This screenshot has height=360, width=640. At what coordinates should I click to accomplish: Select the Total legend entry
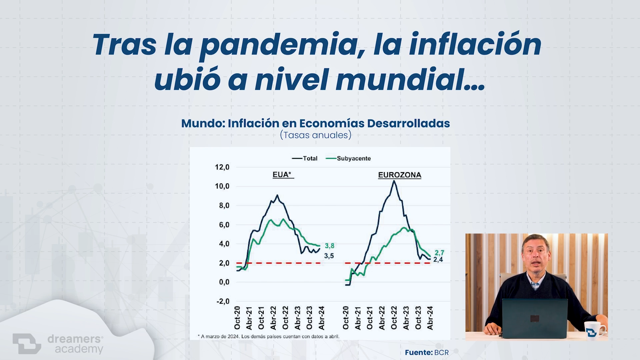pos(305,158)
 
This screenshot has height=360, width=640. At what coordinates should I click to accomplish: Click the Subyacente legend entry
pos(348,158)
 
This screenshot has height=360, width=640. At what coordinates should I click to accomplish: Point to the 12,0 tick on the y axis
pos(222,167)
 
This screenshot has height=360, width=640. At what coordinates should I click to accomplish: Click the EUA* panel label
pos(282,175)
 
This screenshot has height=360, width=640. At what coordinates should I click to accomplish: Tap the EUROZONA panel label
pos(400,175)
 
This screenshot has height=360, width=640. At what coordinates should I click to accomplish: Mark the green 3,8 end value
pos(329,246)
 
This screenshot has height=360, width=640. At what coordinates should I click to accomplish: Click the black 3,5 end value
pos(329,256)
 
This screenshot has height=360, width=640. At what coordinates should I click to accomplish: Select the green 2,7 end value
pos(439,253)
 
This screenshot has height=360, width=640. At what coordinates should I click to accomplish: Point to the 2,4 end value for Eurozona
pos(438,260)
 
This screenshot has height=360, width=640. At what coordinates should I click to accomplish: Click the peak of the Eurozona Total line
pos(394,181)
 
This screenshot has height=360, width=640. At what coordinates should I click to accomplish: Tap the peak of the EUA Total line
pos(277,195)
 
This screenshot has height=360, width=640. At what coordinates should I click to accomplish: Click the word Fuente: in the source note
pos(418,352)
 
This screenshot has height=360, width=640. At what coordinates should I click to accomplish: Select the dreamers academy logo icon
pos(27,343)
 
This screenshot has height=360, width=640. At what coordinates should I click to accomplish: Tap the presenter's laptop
pos(535,318)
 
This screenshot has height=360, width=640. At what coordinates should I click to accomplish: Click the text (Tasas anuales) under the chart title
pos(316,135)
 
